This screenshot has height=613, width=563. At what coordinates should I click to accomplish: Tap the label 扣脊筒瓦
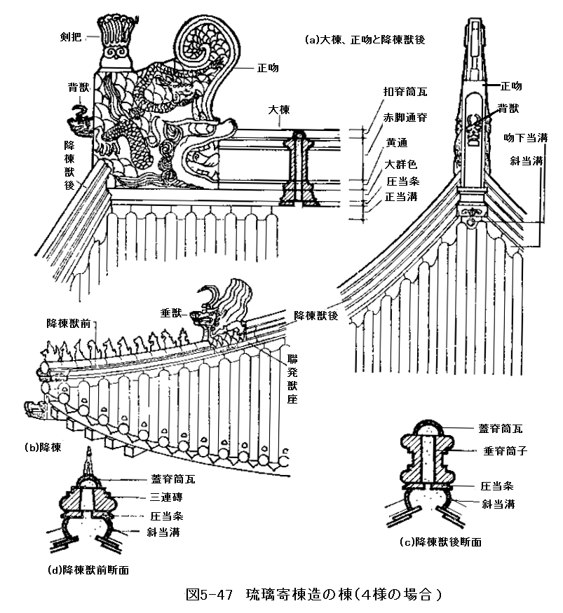pyautogui.click(x=405, y=92)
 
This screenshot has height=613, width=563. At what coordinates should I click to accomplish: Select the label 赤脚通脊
pyautogui.click(x=405, y=118)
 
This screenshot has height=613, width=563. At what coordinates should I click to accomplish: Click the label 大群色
pyautogui.click(x=400, y=165)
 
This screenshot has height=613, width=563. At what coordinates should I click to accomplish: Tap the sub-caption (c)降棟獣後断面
pyautogui.click(x=440, y=542)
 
